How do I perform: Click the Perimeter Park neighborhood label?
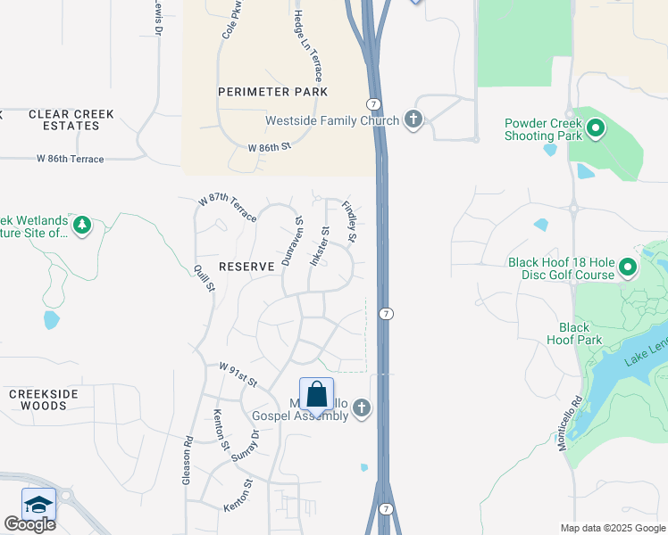coord(272,92)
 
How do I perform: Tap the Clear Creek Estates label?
coord(63,119)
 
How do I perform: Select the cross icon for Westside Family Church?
coord(413,119)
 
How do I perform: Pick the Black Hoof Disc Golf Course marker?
coord(628,267)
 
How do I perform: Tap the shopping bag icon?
coord(316,394)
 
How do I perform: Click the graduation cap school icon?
coord(38,505)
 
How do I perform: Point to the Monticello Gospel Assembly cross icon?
coord(362,408)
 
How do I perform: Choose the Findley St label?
coord(350,222)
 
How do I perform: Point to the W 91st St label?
coord(238,374)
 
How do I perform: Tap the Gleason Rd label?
coord(188,460)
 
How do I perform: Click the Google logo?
coord(30,524)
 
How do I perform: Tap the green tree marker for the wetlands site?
coord(82,225)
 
